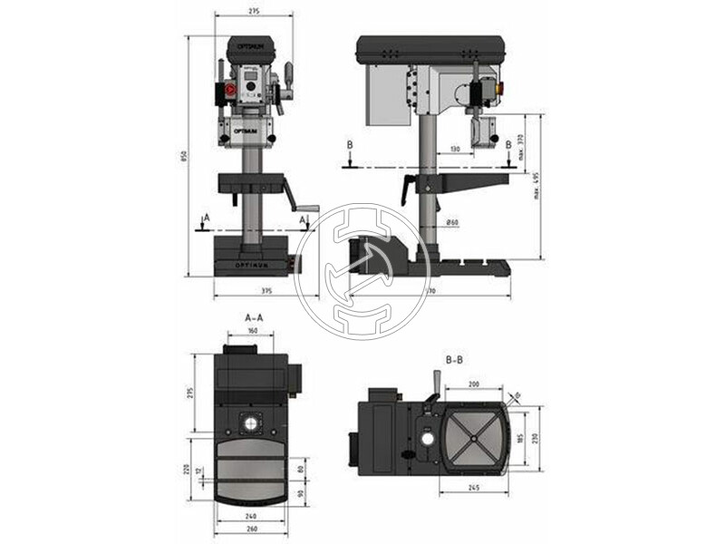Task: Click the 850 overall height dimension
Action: tap(184, 156)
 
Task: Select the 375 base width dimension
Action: tap(266, 290)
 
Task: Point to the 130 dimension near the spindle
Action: tap(455, 148)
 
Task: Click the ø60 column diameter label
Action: tap(452, 222)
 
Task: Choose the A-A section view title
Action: tap(255, 318)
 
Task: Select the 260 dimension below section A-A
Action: tap(250, 529)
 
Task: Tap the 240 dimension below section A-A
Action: tap(250, 517)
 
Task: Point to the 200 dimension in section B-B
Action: tap(473, 384)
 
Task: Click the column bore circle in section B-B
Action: tap(427, 439)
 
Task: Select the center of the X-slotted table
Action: tap(472, 439)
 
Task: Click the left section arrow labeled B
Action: tap(350, 156)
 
